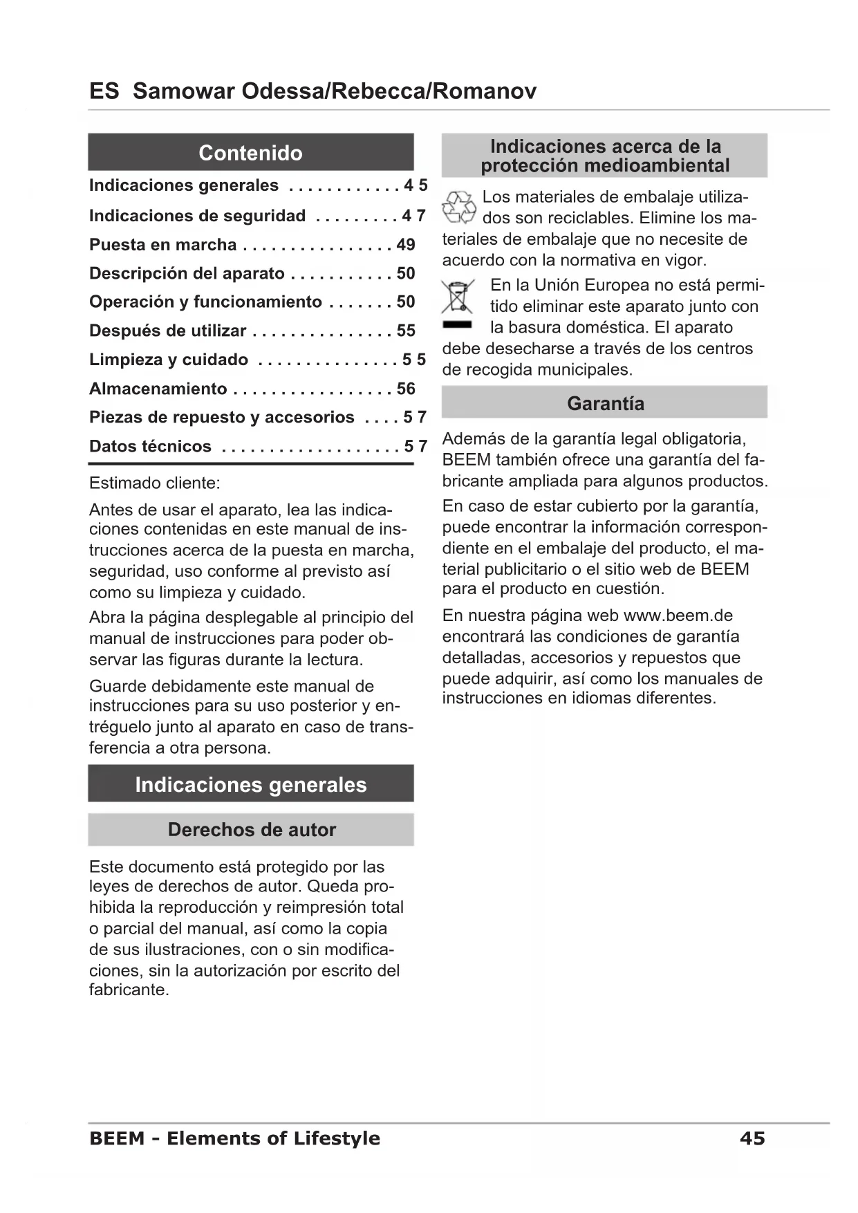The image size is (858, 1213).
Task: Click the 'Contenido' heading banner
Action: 250,152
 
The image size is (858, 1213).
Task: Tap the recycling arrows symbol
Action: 459,207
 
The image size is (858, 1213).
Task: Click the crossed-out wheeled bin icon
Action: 457,297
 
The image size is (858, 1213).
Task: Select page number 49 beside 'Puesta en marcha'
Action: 406,245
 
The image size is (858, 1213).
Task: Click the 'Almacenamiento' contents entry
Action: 158,389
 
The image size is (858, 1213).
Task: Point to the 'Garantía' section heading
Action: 605,403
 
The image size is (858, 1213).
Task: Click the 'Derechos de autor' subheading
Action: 251,829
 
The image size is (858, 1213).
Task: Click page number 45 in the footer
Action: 752,1138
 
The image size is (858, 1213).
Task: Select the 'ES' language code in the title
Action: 104,91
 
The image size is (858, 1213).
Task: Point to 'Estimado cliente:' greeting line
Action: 155,483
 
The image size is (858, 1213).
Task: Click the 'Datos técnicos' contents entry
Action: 150,446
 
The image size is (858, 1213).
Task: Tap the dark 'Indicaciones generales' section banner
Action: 250,784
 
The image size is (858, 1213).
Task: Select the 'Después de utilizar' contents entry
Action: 167,331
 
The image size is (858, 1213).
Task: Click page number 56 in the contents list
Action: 406,389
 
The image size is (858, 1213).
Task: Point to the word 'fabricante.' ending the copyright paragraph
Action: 129,990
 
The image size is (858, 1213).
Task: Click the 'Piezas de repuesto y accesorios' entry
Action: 221,417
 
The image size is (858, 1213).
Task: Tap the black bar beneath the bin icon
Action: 457,324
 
